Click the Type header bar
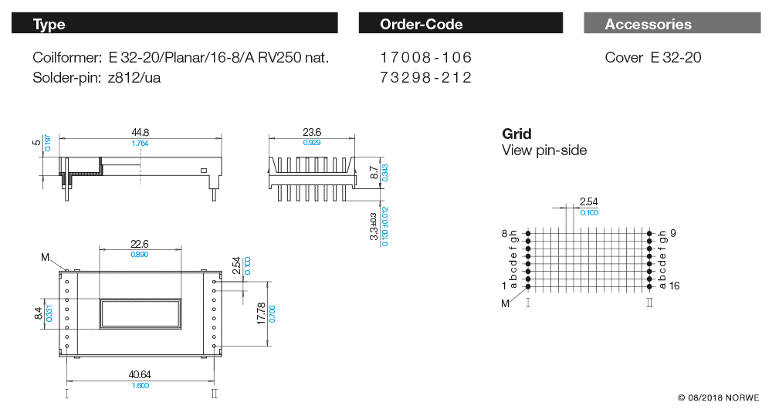(174, 24)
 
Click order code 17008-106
(425, 58)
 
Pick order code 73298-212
(425, 77)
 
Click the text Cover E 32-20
(653, 58)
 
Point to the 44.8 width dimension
(140, 132)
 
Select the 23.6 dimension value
(312, 132)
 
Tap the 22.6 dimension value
(140, 244)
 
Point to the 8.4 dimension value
(39, 313)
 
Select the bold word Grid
(516, 134)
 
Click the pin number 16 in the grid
(674, 286)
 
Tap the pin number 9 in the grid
(673, 232)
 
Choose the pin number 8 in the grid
(504, 232)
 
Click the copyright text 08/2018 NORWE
(718, 398)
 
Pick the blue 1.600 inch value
(140, 385)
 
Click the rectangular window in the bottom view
(140, 313)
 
